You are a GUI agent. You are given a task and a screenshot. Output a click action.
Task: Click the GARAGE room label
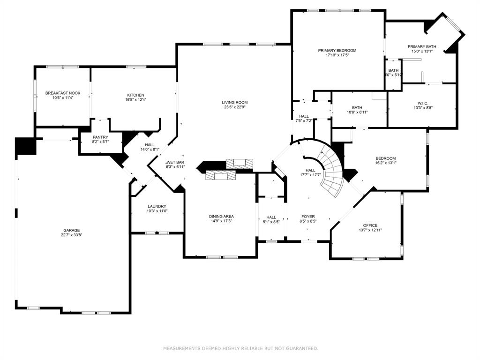pos(72,230)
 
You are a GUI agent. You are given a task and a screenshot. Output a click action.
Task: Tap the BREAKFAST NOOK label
pos(60,93)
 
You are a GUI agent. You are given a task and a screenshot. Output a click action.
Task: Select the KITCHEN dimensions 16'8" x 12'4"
pos(135,99)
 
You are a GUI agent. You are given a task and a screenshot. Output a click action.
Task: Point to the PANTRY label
pos(100,137)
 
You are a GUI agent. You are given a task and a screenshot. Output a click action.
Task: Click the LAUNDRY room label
pos(157,206)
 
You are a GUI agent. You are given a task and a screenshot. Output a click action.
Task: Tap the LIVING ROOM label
pos(235,102)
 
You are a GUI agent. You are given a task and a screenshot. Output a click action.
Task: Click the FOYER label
pos(308,217)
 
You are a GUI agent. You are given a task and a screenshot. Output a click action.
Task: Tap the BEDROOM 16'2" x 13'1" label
pos(385,158)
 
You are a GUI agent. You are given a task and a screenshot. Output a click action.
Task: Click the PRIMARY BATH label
pos(422,46)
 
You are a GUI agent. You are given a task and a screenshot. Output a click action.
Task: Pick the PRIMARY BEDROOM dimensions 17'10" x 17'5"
pos(337,55)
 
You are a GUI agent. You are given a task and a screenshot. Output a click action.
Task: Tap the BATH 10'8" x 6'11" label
pos(357,107)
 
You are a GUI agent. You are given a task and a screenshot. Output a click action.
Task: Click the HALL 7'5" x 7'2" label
pos(304,116)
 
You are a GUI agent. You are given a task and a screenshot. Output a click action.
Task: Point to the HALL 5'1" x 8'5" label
pos(271,217)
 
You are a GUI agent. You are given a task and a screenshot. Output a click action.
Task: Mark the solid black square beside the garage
pos(25,146)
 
